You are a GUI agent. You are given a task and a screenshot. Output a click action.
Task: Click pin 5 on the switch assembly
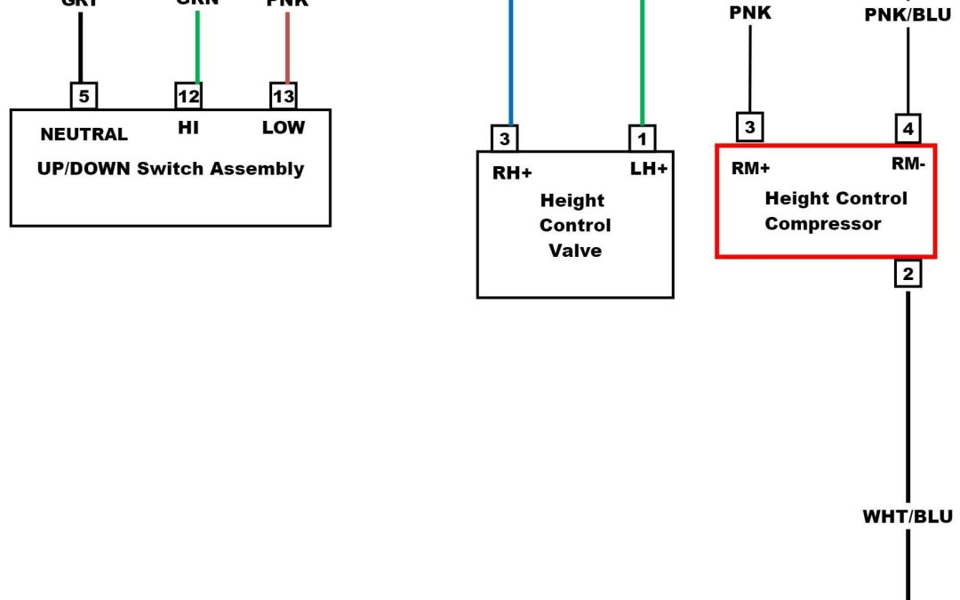(x=84, y=95)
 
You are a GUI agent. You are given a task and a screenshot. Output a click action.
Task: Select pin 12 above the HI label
(x=188, y=95)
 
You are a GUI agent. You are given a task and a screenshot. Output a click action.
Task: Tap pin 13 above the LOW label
(x=284, y=95)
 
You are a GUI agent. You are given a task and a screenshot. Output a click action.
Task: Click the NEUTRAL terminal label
(x=84, y=135)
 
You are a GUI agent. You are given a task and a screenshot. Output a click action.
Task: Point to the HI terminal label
(x=188, y=128)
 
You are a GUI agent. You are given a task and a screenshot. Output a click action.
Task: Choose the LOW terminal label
(x=284, y=128)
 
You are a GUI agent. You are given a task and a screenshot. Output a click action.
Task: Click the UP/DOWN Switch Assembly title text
(x=170, y=169)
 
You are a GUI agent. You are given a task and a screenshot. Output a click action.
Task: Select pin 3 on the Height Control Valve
(x=505, y=138)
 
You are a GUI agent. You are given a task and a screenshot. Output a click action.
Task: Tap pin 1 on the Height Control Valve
(x=642, y=138)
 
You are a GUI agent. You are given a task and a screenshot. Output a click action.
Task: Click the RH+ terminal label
(x=512, y=173)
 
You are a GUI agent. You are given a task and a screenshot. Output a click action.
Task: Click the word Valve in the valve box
(x=575, y=251)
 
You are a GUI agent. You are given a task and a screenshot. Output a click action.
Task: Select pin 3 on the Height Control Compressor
(x=750, y=128)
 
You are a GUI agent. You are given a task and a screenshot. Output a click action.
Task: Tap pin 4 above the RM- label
(x=908, y=129)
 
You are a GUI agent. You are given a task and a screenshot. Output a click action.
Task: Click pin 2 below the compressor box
(x=908, y=275)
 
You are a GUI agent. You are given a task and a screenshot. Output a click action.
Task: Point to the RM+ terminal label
(x=751, y=170)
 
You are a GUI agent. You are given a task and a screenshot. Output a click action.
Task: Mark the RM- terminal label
(x=908, y=164)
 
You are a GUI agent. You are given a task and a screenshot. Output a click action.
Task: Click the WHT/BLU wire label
(x=908, y=517)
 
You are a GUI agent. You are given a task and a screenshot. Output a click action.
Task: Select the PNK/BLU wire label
(x=908, y=15)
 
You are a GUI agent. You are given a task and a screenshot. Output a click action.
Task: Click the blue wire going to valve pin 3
(x=511, y=62)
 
